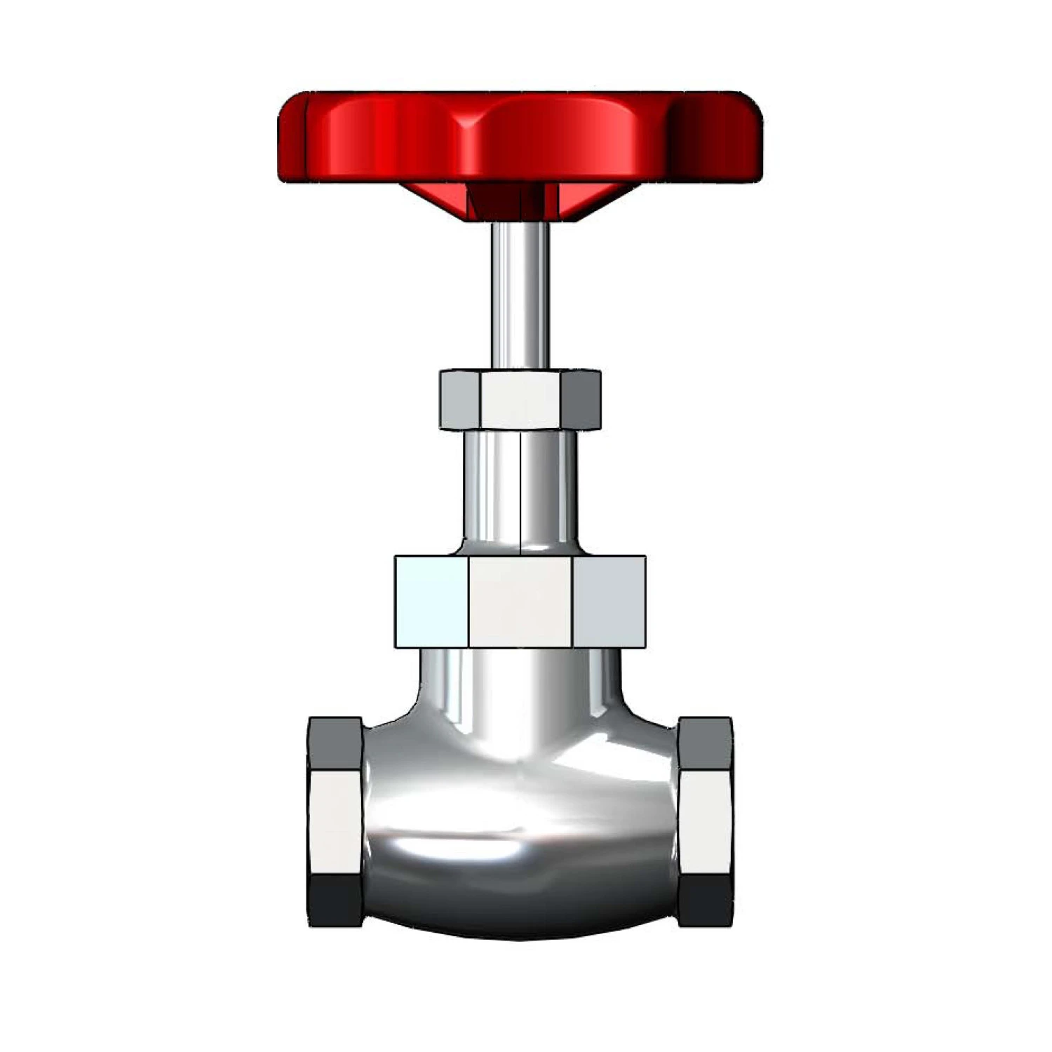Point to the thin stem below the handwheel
(520, 295)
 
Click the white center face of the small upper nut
(520, 400)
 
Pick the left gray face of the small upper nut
(459, 400)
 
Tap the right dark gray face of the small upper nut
(581, 400)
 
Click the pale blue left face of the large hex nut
(431, 602)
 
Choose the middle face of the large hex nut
(520, 602)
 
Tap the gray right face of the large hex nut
(609, 602)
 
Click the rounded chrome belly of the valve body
(520, 842)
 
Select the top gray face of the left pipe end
(335, 743)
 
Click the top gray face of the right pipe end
(706, 743)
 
